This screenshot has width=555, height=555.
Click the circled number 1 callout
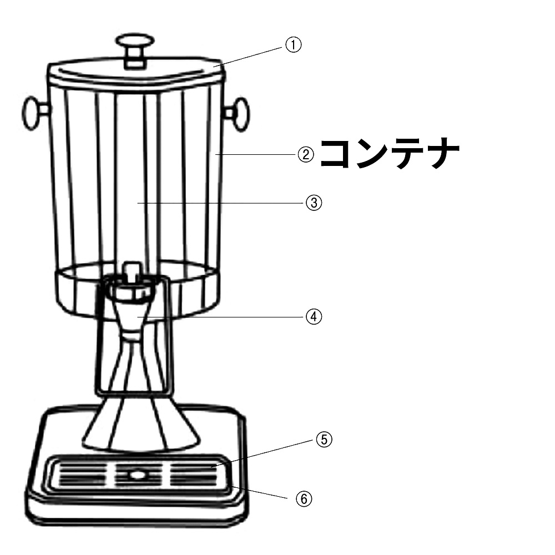[x=293, y=45]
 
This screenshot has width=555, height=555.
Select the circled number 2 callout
[x=306, y=155]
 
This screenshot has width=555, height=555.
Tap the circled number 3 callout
[x=314, y=203]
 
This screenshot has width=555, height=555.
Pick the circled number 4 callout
[x=314, y=317]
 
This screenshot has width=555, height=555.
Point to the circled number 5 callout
[x=324, y=440]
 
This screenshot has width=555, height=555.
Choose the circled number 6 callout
[x=304, y=499]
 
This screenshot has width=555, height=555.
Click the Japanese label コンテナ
[x=390, y=154]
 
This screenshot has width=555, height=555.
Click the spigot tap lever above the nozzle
[x=133, y=271]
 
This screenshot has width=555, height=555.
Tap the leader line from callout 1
[x=250, y=56]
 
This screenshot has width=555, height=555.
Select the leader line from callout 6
[x=261, y=492]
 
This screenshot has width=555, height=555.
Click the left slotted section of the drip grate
[x=82, y=475]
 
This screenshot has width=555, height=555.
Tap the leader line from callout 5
[x=264, y=453]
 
